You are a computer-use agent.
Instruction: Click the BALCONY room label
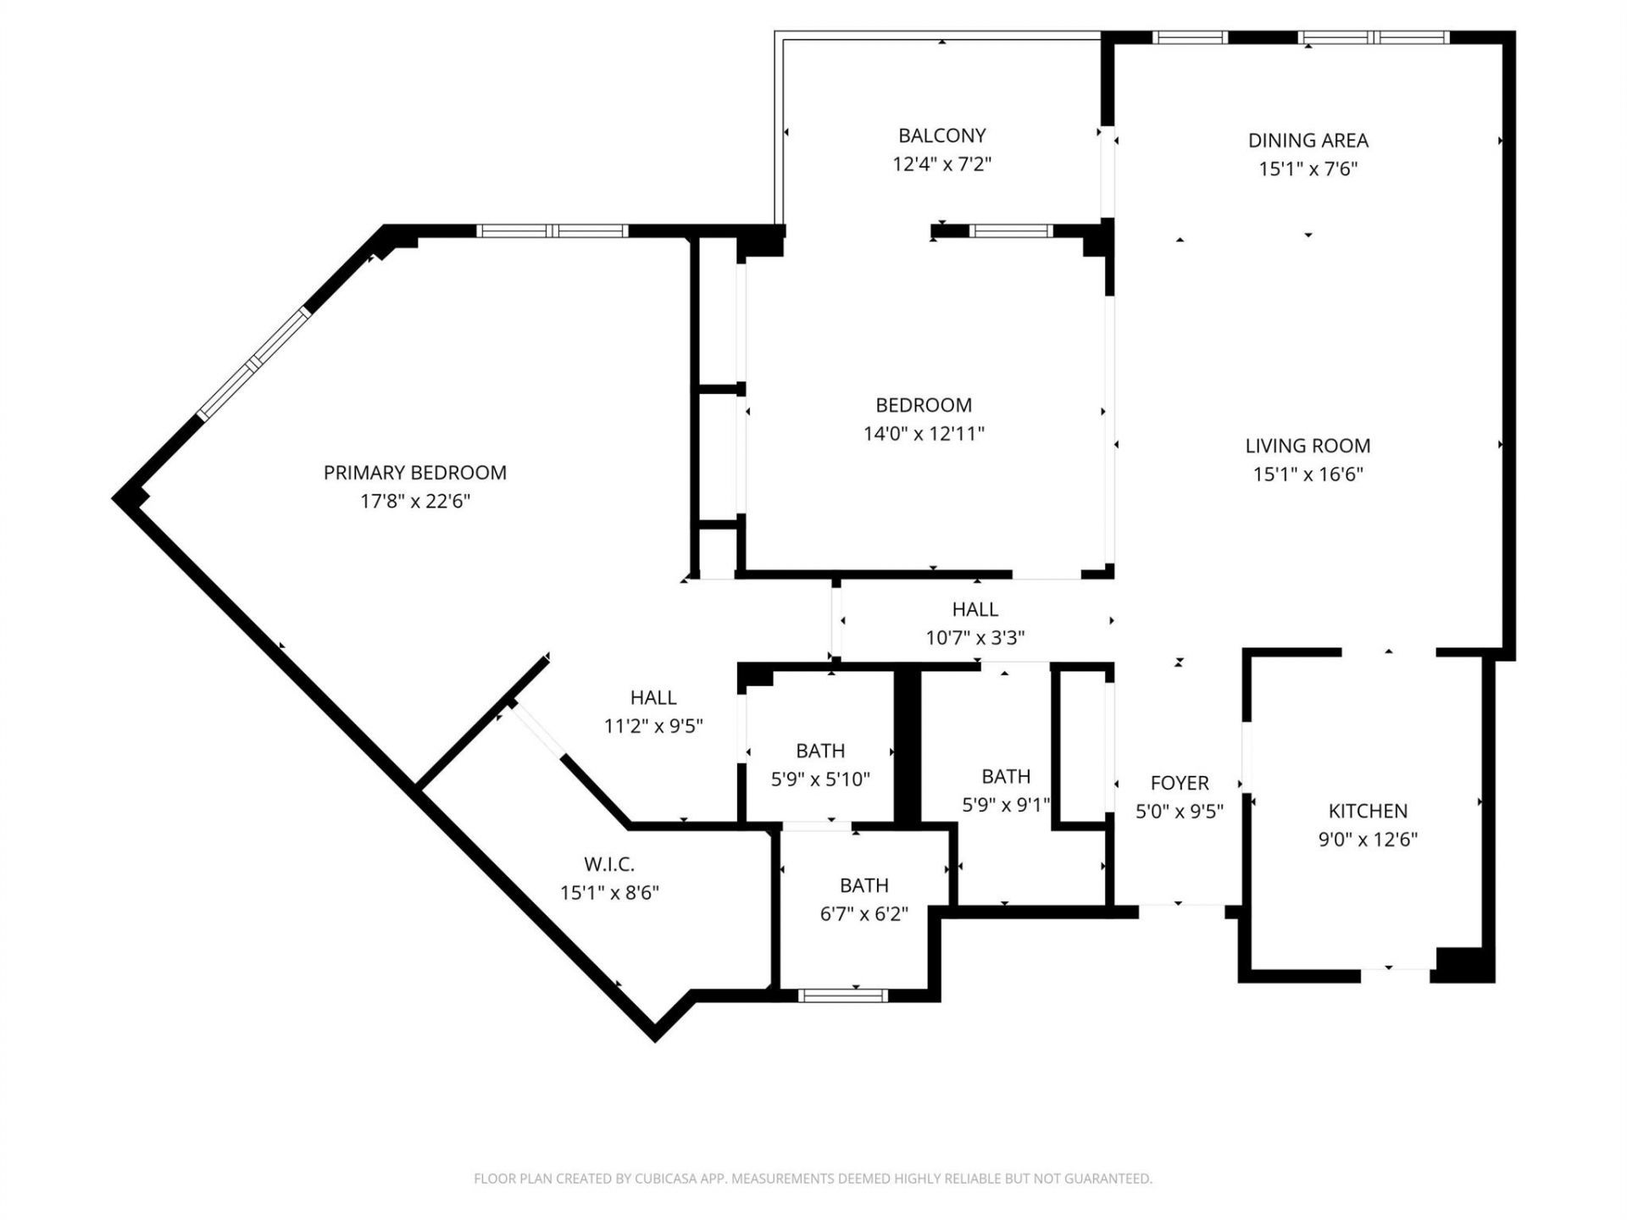click(941, 136)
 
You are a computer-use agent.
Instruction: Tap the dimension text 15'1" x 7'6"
click(1308, 169)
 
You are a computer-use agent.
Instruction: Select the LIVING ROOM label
click(1308, 446)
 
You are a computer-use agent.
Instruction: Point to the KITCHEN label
click(1368, 811)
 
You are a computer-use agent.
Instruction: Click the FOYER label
click(1179, 783)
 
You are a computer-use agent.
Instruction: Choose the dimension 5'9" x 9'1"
click(1006, 805)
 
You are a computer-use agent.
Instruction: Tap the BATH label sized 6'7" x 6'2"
click(863, 885)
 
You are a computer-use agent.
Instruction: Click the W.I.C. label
click(608, 864)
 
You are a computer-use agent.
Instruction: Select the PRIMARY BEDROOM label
click(414, 473)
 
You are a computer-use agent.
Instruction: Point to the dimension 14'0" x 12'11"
click(923, 434)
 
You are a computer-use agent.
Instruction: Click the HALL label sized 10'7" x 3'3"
click(975, 609)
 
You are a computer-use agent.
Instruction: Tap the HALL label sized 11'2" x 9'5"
click(652, 697)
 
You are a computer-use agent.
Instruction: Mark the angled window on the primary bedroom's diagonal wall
click(254, 363)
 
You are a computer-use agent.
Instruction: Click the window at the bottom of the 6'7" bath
click(842, 995)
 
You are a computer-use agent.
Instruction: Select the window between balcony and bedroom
click(1010, 230)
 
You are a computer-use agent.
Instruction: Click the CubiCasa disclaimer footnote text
click(813, 1178)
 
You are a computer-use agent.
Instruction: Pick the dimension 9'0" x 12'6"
click(1368, 840)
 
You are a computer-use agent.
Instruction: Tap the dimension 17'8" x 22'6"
click(414, 502)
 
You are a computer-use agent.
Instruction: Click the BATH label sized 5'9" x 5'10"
click(819, 751)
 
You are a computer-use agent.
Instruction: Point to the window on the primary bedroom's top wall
click(552, 230)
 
